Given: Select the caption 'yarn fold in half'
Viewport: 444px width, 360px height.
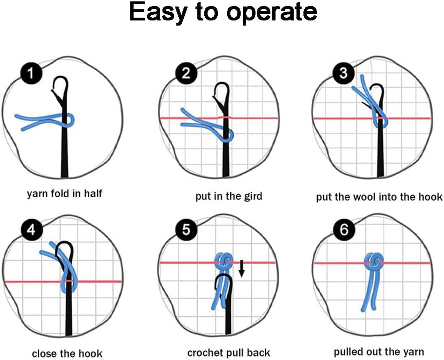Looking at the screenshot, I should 64,193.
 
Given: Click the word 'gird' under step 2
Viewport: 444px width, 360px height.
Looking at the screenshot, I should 251,196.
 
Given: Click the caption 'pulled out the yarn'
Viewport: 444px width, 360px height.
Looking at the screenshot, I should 378,351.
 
